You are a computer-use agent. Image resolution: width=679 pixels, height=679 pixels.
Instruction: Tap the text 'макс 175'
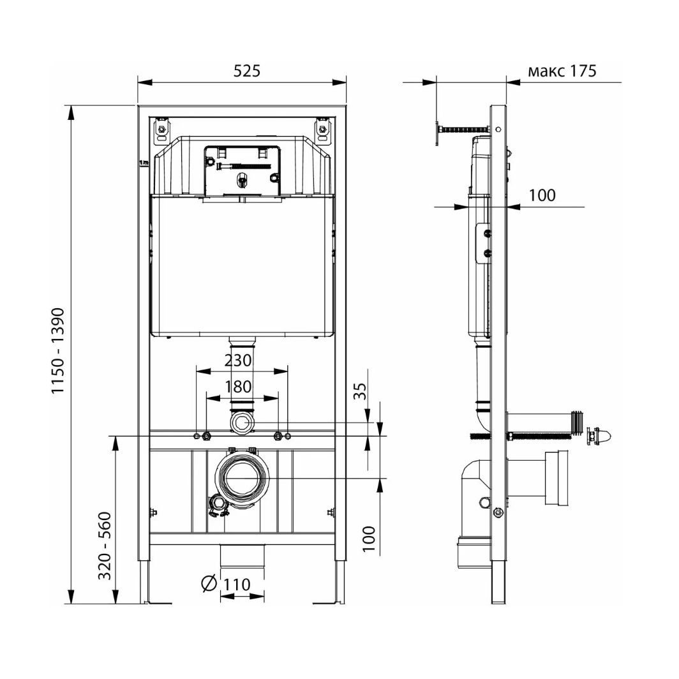[562, 71]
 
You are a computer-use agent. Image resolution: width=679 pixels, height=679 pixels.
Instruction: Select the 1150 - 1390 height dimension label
[58, 352]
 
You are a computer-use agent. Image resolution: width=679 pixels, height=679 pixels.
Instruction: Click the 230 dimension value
[238, 361]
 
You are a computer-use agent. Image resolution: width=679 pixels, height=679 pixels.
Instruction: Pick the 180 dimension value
[238, 387]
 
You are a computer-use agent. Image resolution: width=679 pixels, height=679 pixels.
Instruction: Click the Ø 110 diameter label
[225, 583]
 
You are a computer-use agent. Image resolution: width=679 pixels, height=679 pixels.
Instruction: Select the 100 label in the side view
[542, 195]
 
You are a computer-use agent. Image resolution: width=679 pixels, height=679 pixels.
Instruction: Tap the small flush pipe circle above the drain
[241, 422]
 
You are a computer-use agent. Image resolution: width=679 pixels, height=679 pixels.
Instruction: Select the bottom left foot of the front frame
[145, 581]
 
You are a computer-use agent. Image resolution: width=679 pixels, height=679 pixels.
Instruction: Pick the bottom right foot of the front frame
[338, 581]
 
